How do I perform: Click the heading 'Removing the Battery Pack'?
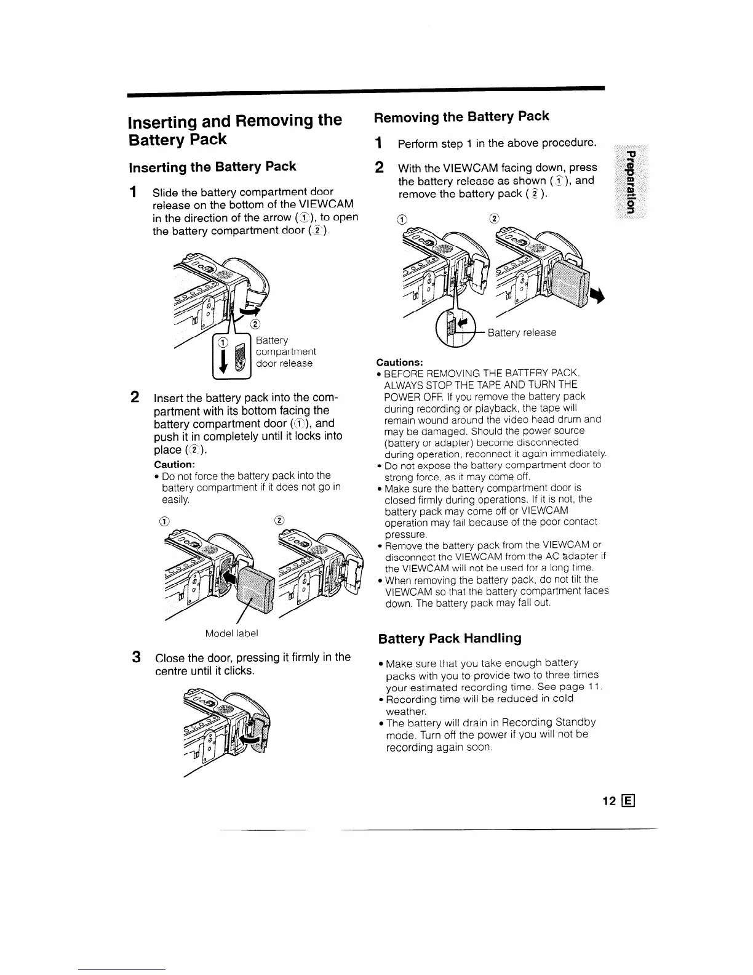461,116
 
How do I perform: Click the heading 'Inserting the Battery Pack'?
212,167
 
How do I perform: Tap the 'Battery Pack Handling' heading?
450,638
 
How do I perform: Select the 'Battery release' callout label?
522,332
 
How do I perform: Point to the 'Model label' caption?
233,633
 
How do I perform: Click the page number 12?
609,801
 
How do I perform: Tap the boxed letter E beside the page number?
628,801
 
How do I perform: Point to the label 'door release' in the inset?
284,363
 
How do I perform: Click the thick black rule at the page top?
366,90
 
